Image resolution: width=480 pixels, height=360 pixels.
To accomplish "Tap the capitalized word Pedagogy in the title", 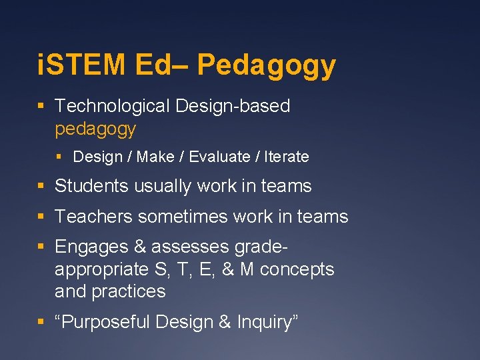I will click(267, 66).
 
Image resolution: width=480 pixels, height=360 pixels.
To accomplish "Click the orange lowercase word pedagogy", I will click(95, 128).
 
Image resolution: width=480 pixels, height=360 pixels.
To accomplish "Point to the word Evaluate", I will click(220, 157).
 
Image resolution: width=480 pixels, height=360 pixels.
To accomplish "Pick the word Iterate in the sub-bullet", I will click(287, 157).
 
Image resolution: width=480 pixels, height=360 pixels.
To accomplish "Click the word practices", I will click(129, 291).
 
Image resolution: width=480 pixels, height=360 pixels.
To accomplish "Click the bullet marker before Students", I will click(41, 187).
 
